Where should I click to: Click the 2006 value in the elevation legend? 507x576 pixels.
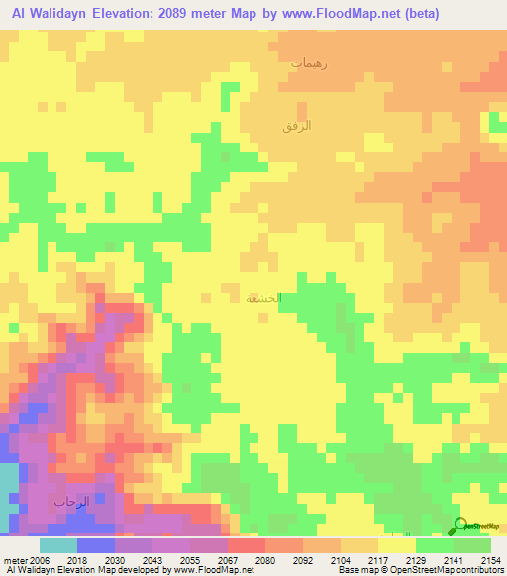[x=39, y=560]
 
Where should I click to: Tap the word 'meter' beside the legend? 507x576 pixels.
[x=15, y=560]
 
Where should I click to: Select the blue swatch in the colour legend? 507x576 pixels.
[x=95, y=545]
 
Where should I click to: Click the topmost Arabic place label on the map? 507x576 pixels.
[x=308, y=63]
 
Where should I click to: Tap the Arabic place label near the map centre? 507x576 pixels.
[x=263, y=298]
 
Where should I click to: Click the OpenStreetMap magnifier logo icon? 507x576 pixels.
[x=459, y=525]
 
